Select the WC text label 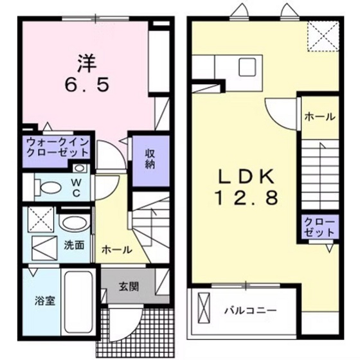pos(76,187)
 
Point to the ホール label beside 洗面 pos(117,249)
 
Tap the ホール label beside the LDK pos(319,117)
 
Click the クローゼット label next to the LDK pos(319,227)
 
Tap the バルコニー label pos(251,310)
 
